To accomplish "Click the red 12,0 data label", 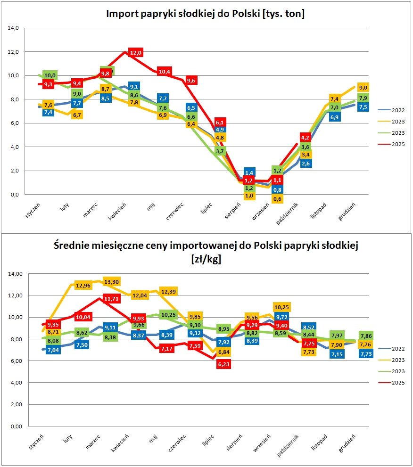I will pos(136,53).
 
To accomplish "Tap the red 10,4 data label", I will pos(165,72).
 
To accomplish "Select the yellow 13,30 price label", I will pos(111,281).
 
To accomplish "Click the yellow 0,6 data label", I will pos(278,199).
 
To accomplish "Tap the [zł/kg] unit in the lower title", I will pos(206,259).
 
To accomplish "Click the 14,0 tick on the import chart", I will pos(13,28).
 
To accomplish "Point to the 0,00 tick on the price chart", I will pos(16,426).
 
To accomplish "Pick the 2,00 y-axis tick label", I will pos(16,405).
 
